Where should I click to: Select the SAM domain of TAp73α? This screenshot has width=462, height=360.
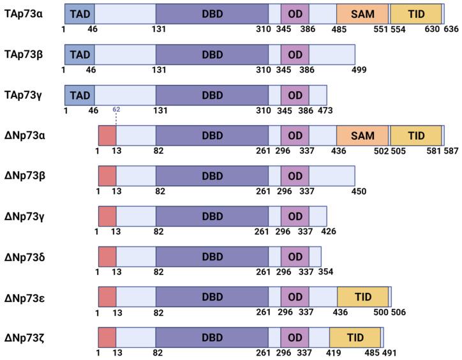pos(362,13)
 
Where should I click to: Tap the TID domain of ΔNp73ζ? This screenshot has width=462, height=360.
pos(354,336)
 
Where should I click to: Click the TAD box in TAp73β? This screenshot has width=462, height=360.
pos(79,54)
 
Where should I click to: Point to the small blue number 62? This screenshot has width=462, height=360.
pos(116,109)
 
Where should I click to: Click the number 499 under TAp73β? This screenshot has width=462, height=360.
pos(359,70)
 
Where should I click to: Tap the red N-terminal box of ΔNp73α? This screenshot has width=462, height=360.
pos(107,135)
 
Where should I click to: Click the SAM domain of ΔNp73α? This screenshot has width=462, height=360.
pos(362,135)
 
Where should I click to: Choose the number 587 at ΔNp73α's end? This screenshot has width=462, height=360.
pos(452,151)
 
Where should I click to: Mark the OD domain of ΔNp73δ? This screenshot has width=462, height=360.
pos(295,257)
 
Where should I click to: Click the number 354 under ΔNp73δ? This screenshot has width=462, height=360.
pos(325,272)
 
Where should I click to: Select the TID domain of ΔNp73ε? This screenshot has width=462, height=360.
pos(362,297)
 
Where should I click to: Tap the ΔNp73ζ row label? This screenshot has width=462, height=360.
pos(24,337)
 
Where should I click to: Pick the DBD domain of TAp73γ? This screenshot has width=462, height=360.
pos(212,95)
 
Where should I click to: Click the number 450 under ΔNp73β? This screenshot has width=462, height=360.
pos(359,191)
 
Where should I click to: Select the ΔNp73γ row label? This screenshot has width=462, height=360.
pos(24,216)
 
